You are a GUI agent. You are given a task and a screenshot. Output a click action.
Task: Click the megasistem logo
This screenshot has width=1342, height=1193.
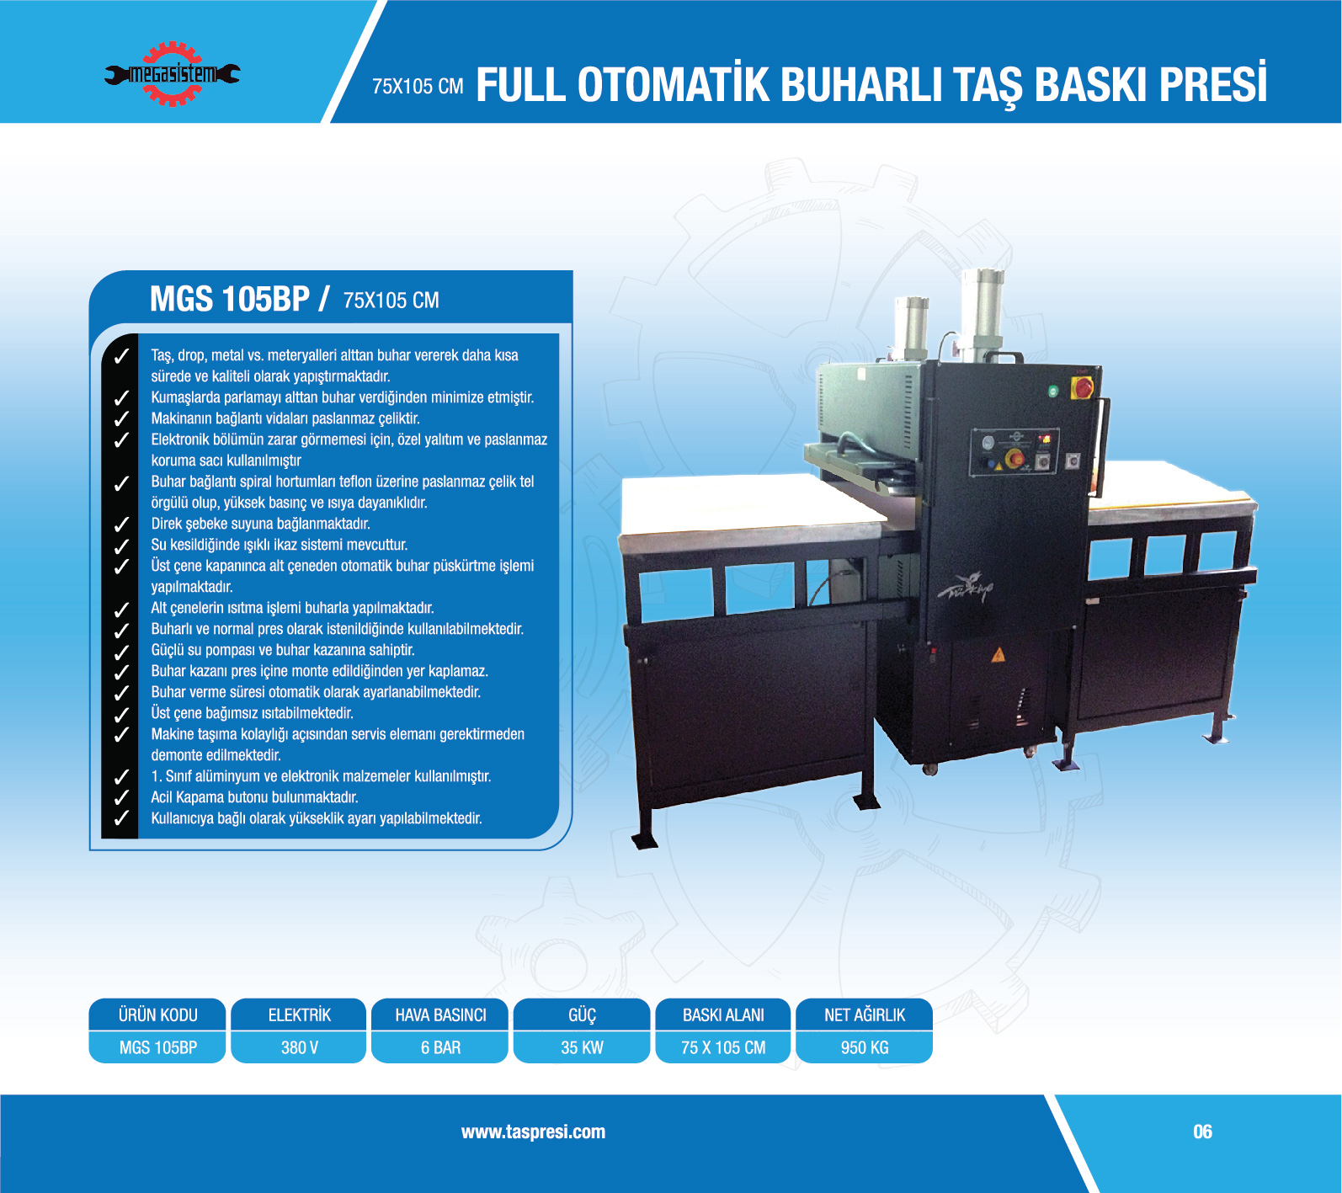pyautogui.click(x=172, y=74)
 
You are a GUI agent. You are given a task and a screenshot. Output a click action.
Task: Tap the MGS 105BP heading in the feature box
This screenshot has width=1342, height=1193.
pyautogui.click(x=230, y=299)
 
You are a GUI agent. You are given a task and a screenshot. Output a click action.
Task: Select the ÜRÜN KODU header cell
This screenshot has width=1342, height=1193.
pyautogui.click(x=157, y=1015)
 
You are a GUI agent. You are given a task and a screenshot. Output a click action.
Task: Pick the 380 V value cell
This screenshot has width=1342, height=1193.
pyautogui.click(x=299, y=1047)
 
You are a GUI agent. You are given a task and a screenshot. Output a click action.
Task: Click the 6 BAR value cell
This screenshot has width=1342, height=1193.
pyautogui.click(x=440, y=1047)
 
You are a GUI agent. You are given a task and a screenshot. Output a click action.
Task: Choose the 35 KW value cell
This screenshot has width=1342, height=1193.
pyautogui.click(x=582, y=1047)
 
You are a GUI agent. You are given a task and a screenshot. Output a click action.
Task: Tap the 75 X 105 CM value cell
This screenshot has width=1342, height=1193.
pyautogui.click(x=723, y=1047)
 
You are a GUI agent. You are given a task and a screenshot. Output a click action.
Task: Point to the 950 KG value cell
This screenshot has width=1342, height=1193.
pyautogui.click(x=865, y=1047)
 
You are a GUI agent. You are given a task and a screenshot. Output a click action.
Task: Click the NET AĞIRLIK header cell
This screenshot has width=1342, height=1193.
pyautogui.click(x=865, y=1015)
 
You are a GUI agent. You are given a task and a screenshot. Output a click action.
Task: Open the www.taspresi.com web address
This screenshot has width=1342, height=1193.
pyautogui.click(x=533, y=1132)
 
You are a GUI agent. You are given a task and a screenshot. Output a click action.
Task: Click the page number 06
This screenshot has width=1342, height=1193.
pyautogui.click(x=1202, y=1132)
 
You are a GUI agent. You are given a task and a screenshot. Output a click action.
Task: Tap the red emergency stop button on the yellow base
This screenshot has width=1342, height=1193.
pyautogui.click(x=1082, y=387)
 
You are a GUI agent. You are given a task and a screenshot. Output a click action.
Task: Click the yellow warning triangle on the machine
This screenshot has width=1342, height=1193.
pyautogui.click(x=998, y=655)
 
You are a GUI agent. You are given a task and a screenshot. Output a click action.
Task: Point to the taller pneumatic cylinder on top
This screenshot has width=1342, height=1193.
pyautogui.click(x=983, y=314)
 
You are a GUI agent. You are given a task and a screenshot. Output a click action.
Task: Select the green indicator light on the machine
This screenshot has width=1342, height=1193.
pyautogui.click(x=1052, y=391)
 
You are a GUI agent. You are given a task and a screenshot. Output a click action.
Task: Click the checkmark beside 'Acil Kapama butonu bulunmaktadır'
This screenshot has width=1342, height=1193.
pyautogui.click(x=121, y=796)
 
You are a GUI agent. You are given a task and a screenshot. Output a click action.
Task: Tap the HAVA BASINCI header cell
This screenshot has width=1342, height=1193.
pyautogui.click(x=440, y=1015)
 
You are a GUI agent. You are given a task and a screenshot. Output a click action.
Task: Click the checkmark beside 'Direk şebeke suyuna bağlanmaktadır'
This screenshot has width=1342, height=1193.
pyautogui.click(x=121, y=524)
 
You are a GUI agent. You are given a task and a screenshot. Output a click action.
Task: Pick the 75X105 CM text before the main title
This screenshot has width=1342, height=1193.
pyautogui.click(x=418, y=87)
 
